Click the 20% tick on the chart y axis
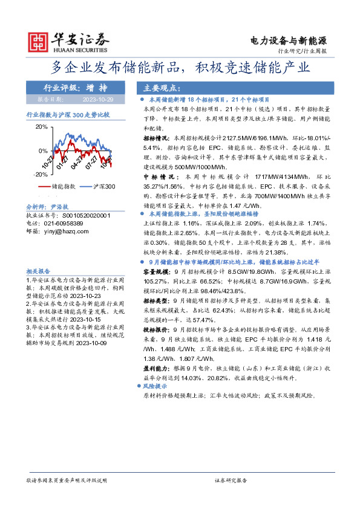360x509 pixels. [41, 127]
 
